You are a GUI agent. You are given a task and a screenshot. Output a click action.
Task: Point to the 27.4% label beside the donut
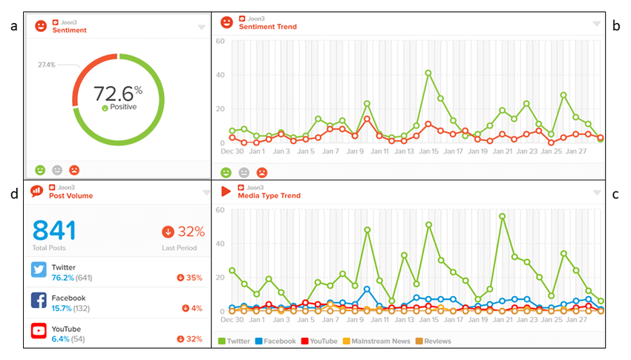[x=46, y=65]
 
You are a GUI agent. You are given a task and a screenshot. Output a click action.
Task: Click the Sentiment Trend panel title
[x=267, y=27]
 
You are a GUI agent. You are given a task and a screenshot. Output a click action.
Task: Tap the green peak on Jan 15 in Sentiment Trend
[x=428, y=73]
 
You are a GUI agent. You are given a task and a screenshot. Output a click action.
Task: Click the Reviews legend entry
[x=436, y=341]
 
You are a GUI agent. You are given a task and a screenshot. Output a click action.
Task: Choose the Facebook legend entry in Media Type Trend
[x=278, y=341]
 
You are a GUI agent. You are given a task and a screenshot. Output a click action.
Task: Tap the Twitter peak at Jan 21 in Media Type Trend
[x=502, y=216]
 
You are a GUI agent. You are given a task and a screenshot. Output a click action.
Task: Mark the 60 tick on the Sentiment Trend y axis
[x=220, y=41]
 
